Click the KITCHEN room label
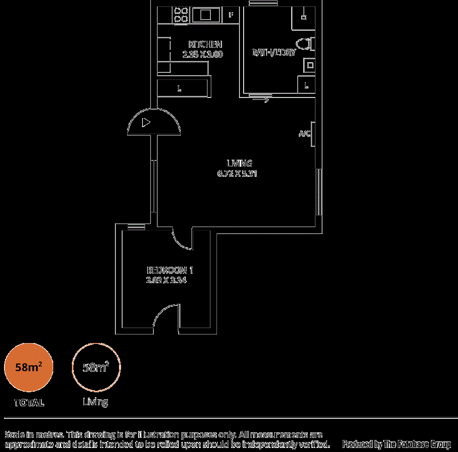click(205, 44)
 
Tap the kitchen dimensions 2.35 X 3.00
click(202, 54)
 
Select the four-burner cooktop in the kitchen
click(181, 15)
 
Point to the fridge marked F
click(231, 15)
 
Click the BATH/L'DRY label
click(274, 52)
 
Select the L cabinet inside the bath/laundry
click(306, 86)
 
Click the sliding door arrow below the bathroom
click(261, 100)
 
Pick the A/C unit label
click(305, 134)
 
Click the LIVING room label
click(239, 163)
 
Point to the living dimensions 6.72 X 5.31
click(238, 174)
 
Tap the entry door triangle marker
click(146, 122)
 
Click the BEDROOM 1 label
click(170, 270)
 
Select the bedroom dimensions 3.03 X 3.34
click(166, 281)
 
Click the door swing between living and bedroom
click(182, 239)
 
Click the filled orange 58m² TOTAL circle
click(29, 367)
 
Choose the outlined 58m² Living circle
click(96, 367)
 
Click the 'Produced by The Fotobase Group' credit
click(396, 444)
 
